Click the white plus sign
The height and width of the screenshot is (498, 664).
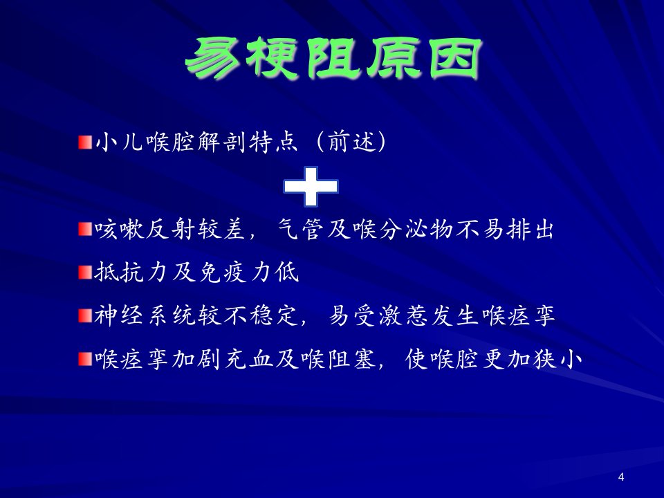311,187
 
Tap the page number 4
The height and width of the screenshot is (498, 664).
621,477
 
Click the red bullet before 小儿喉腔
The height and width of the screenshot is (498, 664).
85,142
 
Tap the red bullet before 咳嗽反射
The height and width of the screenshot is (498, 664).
85,229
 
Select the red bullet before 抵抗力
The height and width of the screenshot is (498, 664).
85,273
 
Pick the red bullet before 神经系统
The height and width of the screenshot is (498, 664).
85,316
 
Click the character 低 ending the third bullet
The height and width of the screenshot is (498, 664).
287,273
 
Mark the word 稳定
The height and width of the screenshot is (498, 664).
274,316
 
